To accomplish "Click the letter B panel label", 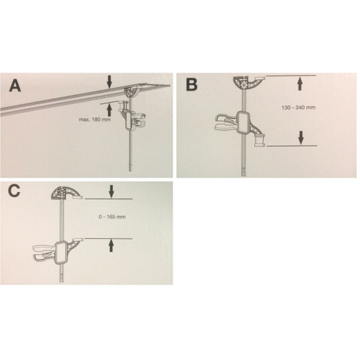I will click(191, 84).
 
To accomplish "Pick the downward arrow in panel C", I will click(110, 192).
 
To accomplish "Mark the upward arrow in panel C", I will click(110, 245).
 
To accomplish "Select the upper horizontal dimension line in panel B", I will click(292, 75).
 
